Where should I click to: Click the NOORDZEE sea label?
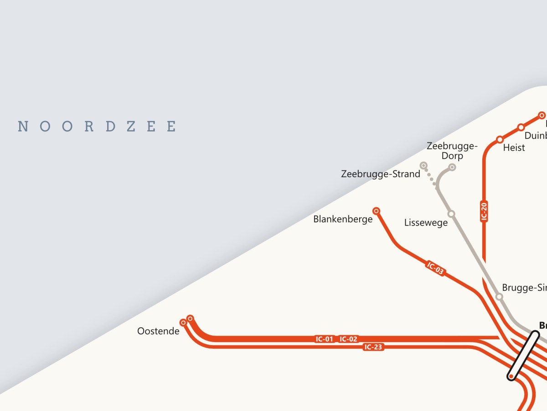[97, 126]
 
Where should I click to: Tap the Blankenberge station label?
[343, 219]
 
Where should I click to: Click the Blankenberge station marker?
[377, 211]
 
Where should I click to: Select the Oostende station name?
[158, 331]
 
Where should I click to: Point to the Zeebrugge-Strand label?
[381, 174]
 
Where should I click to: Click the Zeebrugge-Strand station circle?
[424, 165]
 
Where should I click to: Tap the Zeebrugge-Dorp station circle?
[452, 167]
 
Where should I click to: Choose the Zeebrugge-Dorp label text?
[452, 151]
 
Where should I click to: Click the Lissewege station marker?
[451, 214]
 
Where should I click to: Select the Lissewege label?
[426, 223]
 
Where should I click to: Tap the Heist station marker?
[500, 139]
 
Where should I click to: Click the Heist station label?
[514, 148]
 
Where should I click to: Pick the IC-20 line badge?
[484, 211]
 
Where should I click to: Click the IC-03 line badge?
[436, 269]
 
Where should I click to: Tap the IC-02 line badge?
[349, 339]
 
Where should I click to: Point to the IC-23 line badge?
[373, 347]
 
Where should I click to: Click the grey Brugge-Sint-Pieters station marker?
[499, 297]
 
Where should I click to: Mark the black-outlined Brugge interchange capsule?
[523, 356]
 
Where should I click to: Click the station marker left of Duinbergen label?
[521, 127]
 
